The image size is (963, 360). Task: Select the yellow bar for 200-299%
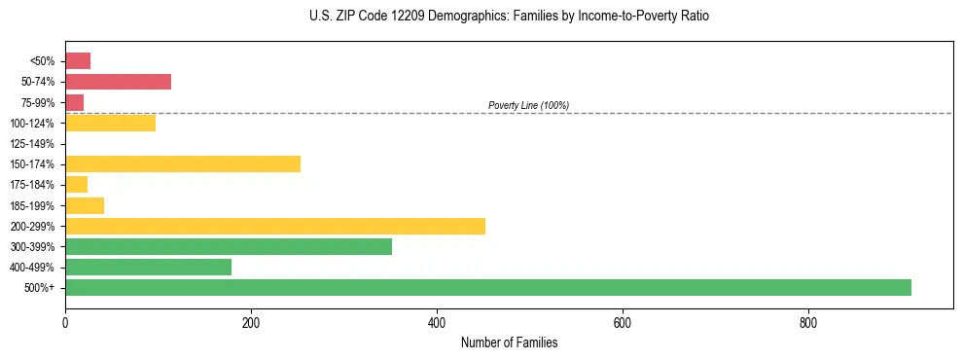click(x=275, y=226)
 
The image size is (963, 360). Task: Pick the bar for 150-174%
click(x=183, y=163)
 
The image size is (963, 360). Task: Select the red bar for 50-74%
click(x=118, y=81)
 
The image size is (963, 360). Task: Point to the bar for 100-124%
click(x=110, y=123)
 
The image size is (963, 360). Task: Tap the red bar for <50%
click(x=78, y=61)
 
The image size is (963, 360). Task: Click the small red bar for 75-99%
click(x=74, y=102)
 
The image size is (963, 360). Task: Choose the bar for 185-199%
click(x=85, y=205)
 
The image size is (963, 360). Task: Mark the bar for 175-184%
click(x=76, y=184)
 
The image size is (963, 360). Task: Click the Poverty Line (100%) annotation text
click(x=528, y=105)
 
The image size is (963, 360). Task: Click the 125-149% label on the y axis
click(x=32, y=144)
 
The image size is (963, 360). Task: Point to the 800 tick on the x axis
click(x=808, y=323)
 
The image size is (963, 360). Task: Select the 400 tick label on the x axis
click(x=437, y=323)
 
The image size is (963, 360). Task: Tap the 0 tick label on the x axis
click(x=65, y=323)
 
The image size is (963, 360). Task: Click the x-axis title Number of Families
click(x=509, y=342)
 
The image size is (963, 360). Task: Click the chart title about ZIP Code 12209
click(x=509, y=17)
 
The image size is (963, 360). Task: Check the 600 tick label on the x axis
click(x=623, y=323)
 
